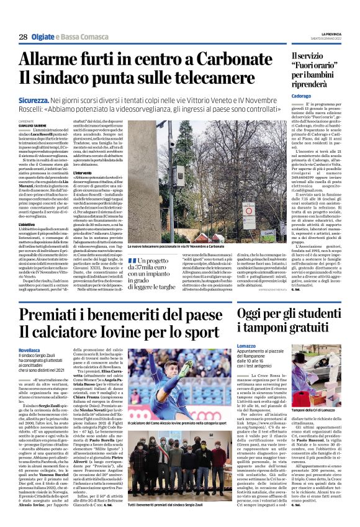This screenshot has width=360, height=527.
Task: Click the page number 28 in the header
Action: coord(23,37)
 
